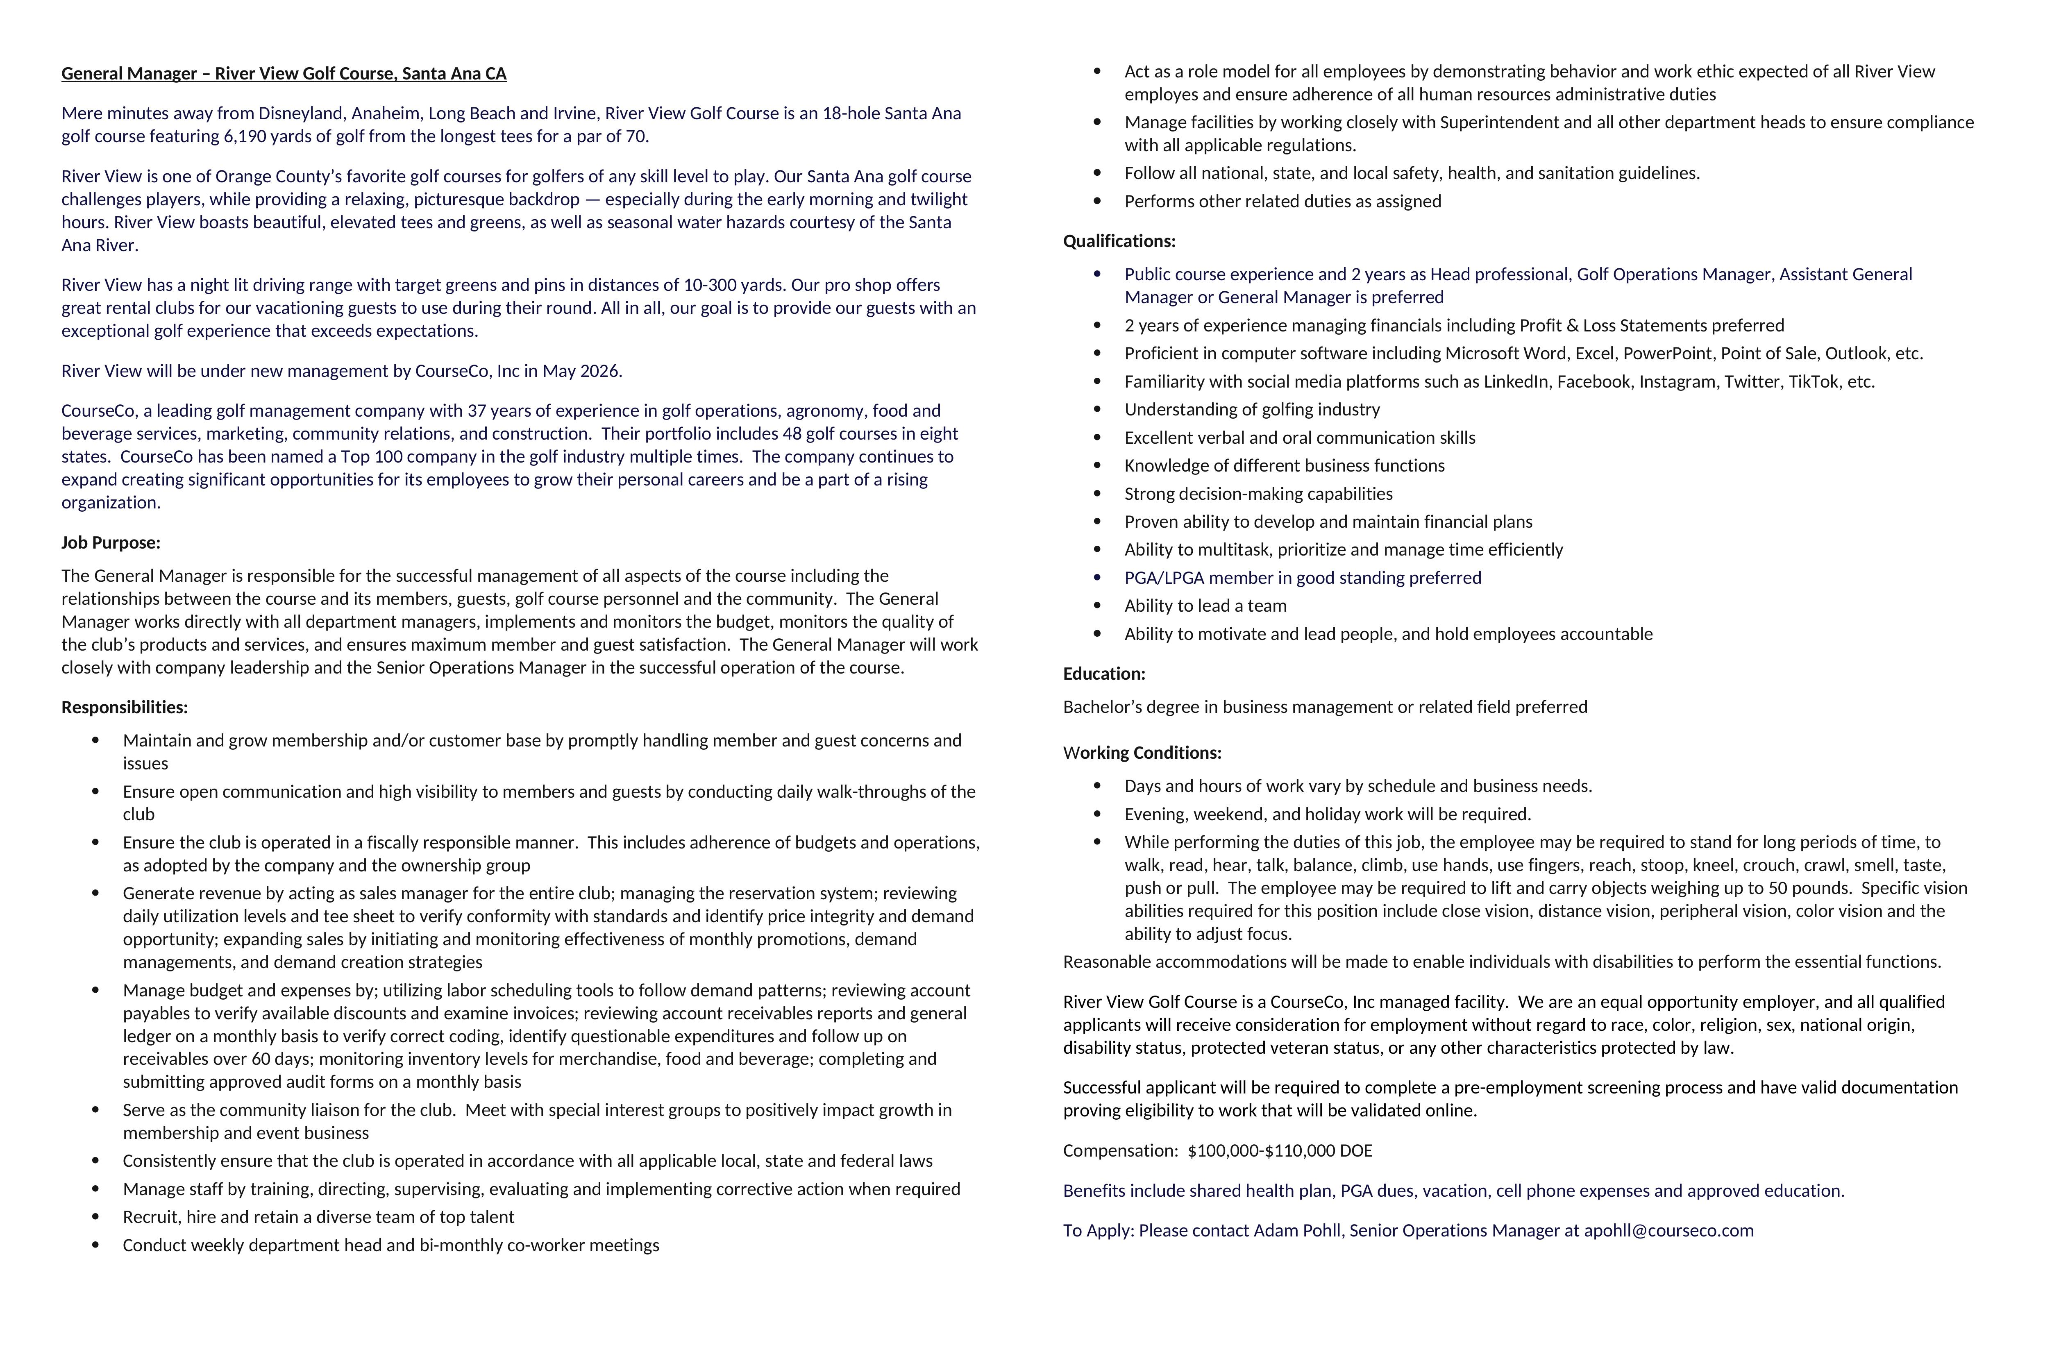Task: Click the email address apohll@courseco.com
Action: pyautogui.click(x=1668, y=1230)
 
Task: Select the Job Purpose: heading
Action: pyautogui.click(x=110, y=542)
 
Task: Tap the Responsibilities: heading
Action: pyautogui.click(x=124, y=707)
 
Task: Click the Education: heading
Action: pyautogui.click(x=1103, y=674)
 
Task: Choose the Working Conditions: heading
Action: pyautogui.click(x=1142, y=753)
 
